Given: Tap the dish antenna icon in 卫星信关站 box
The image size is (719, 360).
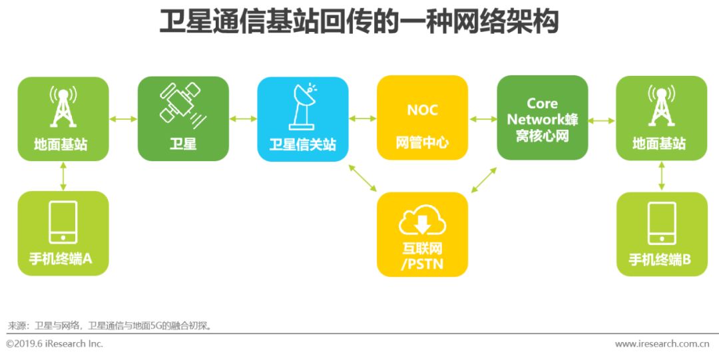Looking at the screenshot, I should [302, 106].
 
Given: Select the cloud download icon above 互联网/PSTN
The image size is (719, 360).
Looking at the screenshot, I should [422, 223].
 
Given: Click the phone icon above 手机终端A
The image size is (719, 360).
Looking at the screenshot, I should [63, 222].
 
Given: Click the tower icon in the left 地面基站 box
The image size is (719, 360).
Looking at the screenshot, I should [63, 106].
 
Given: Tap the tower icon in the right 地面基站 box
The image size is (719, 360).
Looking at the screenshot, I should [661, 106].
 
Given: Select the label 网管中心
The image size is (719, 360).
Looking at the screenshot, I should [422, 142].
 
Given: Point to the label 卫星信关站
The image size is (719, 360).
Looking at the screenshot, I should [302, 144].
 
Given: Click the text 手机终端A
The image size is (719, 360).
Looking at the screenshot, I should [63, 259].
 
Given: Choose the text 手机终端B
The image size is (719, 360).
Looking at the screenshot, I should [661, 260].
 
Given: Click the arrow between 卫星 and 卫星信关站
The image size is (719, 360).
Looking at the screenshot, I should [243, 119].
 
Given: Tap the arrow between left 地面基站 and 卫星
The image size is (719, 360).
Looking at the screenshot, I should [123, 119].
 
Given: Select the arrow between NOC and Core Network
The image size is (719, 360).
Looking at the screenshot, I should [483, 119].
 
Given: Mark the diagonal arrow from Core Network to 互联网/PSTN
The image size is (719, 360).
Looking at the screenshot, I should [483, 179].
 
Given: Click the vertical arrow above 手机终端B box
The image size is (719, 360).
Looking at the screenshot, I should [661, 176].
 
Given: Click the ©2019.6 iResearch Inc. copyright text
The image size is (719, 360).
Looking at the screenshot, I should [55, 344].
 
